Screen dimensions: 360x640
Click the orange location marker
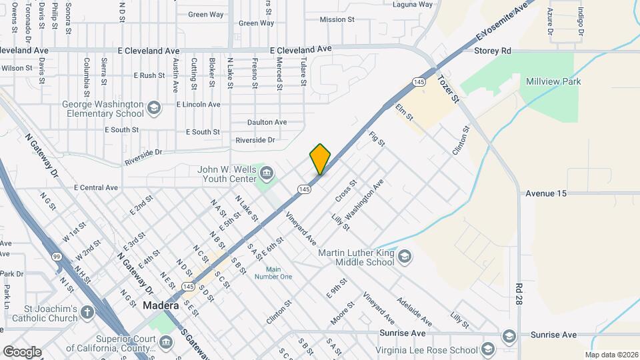pyautogui.click(x=320, y=159)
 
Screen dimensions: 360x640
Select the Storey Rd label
pyautogui.click(x=492, y=51)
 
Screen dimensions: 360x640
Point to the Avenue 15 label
pyautogui.click(x=545, y=193)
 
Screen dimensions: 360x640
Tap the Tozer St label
pyautogui.click(x=449, y=88)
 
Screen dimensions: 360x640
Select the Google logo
pyautogui.click(x=21, y=351)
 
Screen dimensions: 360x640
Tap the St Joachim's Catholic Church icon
pyautogui.click(x=87, y=312)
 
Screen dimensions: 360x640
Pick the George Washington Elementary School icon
pyautogui.click(x=154, y=107)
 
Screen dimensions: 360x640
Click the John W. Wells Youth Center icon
pyautogui.click(x=267, y=174)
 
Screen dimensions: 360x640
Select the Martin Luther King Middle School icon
pyautogui.click(x=404, y=257)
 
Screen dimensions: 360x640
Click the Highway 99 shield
pyautogui.click(x=57, y=257)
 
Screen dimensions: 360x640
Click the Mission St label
pyautogui.click(x=337, y=19)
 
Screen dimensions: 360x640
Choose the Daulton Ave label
pyautogui.click(x=267, y=122)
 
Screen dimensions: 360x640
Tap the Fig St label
pyautogui.click(x=377, y=139)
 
